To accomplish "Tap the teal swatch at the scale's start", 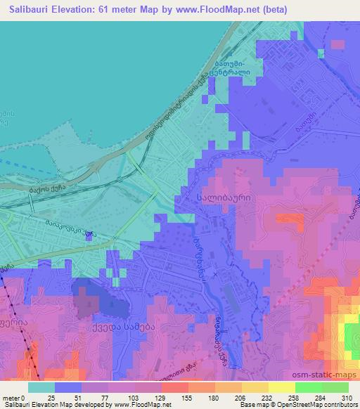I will click(41, 387).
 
